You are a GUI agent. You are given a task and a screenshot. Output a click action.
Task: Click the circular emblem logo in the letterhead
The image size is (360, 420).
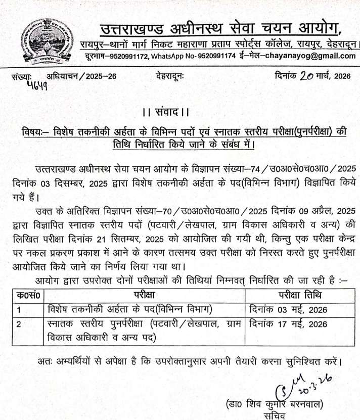[44, 41]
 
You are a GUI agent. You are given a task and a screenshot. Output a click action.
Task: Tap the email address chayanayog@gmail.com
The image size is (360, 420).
[309, 56]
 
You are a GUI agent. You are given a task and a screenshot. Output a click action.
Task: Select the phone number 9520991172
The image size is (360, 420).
[125, 56]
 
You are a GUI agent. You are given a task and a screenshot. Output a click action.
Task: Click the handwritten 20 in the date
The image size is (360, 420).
[307, 76]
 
